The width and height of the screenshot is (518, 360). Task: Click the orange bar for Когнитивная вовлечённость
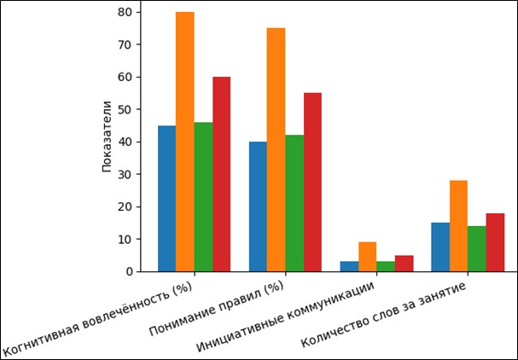(x=185, y=142)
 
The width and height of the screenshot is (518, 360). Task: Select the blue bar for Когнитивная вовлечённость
(x=166, y=198)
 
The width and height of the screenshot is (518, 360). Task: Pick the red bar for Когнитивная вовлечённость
(x=222, y=174)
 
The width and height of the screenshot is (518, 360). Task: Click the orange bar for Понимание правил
(x=276, y=149)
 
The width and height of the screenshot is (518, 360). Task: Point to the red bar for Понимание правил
(x=312, y=182)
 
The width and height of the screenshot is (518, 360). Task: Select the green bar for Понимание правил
(x=294, y=203)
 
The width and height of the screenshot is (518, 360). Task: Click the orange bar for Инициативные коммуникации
(x=368, y=257)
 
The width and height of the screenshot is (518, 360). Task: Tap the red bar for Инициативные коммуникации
(x=405, y=264)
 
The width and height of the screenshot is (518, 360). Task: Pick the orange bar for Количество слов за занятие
(x=459, y=226)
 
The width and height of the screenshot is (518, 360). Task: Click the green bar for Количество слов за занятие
(x=477, y=248)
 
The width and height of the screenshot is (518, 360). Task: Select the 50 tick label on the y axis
(x=125, y=109)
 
